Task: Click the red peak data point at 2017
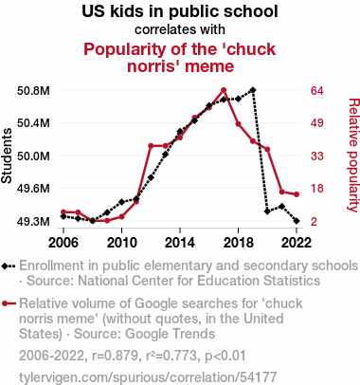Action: tap(224, 90)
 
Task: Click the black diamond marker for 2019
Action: tap(253, 90)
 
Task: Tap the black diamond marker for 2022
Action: tap(297, 221)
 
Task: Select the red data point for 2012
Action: tap(151, 146)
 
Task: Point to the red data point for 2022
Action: tap(297, 194)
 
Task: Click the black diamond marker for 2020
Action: tap(267, 211)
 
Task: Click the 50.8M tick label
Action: tap(33, 91)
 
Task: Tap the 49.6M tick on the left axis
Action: tap(33, 189)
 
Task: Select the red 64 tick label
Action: tap(316, 91)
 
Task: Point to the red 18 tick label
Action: tap(316, 189)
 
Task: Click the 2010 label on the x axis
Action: tap(121, 243)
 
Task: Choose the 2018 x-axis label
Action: tap(238, 243)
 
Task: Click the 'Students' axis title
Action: tap(7, 156)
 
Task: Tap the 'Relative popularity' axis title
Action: tap(353, 155)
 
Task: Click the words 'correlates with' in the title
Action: tap(180, 29)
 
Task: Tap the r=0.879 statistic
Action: tap(115, 356)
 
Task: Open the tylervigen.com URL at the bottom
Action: tap(148, 377)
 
